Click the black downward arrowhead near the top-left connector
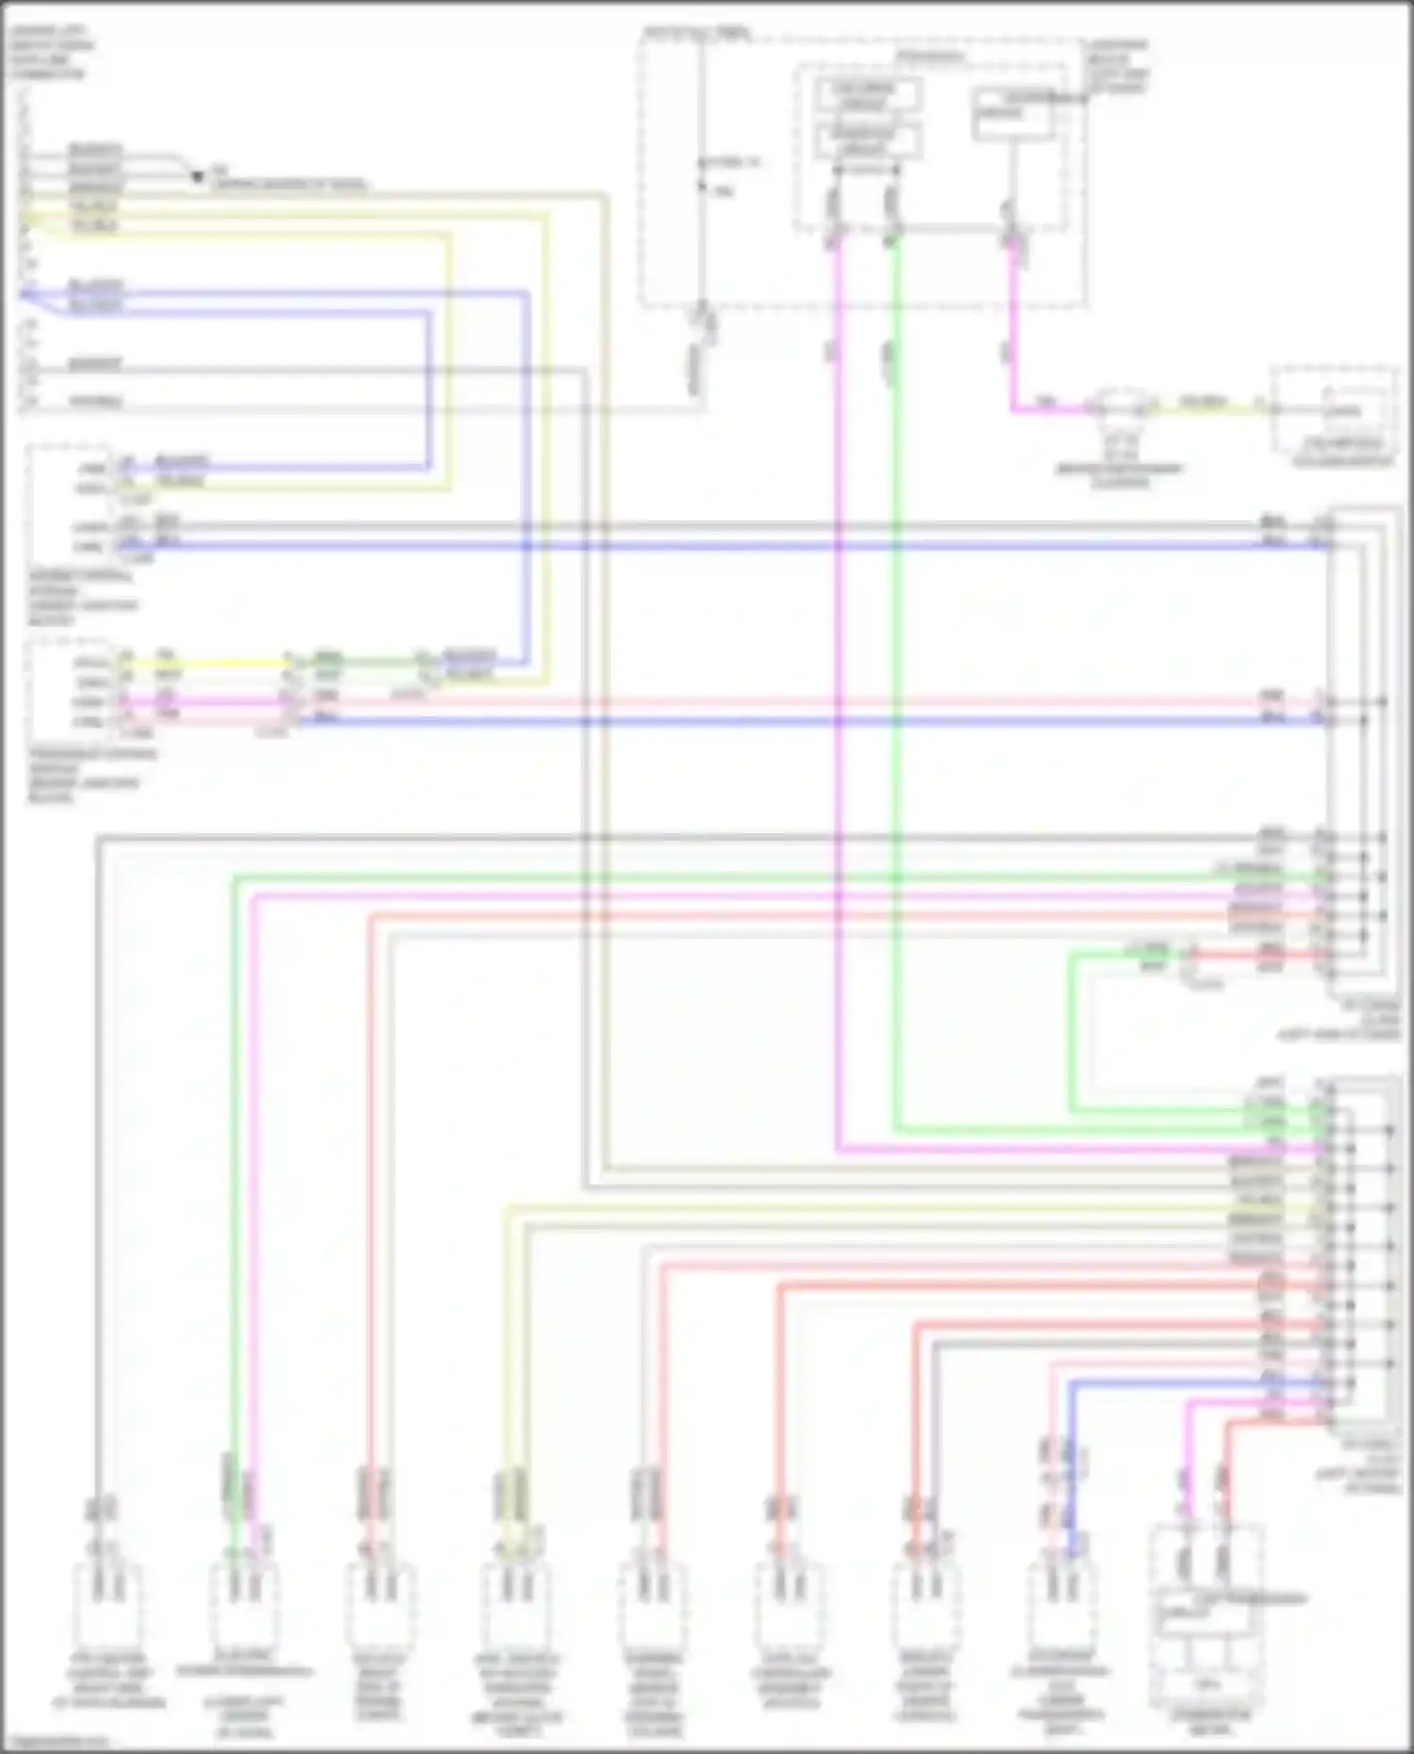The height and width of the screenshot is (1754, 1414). [197, 176]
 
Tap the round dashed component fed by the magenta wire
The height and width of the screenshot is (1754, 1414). [1119, 407]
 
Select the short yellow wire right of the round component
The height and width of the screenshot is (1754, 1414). [1206, 407]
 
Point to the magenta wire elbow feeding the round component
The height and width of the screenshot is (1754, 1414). [1014, 408]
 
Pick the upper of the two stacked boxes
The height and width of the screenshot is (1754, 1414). [866, 94]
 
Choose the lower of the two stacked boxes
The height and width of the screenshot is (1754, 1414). [866, 140]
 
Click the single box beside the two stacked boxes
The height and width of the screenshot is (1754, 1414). [1012, 114]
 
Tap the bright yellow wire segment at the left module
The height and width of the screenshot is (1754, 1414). [207, 663]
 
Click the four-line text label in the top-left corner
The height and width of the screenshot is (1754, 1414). [47, 53]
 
